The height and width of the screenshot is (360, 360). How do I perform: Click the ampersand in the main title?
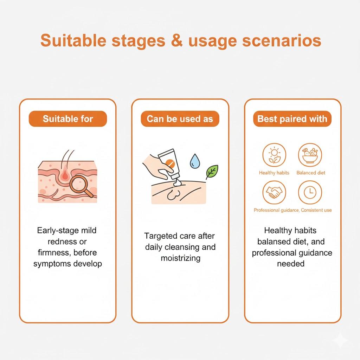pyautogui.click(x=176, y=41)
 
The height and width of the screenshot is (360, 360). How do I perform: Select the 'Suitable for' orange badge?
pyautogui.click(x=67, y=119)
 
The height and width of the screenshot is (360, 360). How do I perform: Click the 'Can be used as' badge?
pyautogui.click(x=180, y=119)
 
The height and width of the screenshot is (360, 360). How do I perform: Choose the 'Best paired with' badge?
pyautogui.click(x=292, y=119)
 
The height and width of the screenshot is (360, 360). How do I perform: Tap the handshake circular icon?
pyautogui.click(x=274, y=192)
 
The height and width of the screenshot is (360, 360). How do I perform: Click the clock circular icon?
pyautogui.click(x=310, y=192)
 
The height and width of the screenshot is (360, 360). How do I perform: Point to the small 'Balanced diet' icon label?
pyautogui.click(x=311, y=173)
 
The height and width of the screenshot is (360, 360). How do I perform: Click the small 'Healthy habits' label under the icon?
pyautogui.click(x=274, y=173)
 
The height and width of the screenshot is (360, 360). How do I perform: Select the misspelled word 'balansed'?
pyautogui.click(x=275, y=242)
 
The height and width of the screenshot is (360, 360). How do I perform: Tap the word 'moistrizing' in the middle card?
pyautogui.click(x=180, y=258)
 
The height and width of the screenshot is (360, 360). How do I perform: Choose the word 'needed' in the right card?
pyautogui.click(x=290, y=264)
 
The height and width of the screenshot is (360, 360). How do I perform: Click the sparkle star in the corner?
pyautogui.click(x=341, y=340)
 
